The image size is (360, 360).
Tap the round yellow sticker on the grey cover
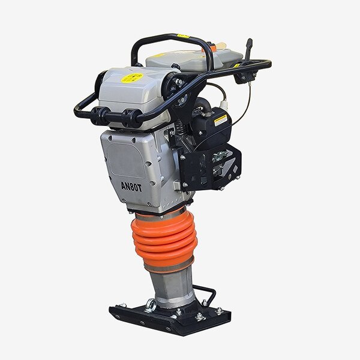[x=132, y=77]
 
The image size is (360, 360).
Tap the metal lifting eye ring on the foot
[x=151, y=305]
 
